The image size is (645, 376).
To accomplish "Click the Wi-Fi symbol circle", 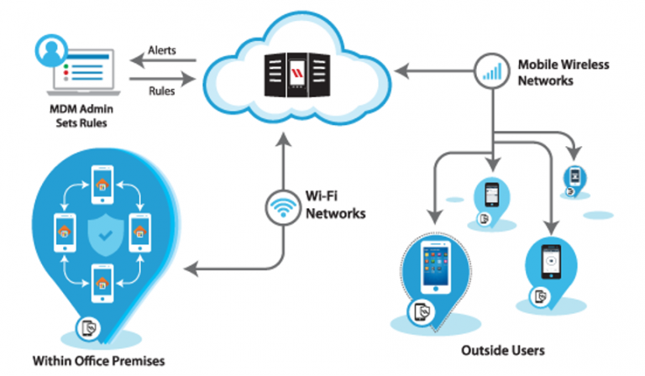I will (x=284, y=206).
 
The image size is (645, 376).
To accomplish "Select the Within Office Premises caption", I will (x=98, y=362).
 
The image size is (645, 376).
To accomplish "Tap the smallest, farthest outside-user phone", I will (x=574, y=177).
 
